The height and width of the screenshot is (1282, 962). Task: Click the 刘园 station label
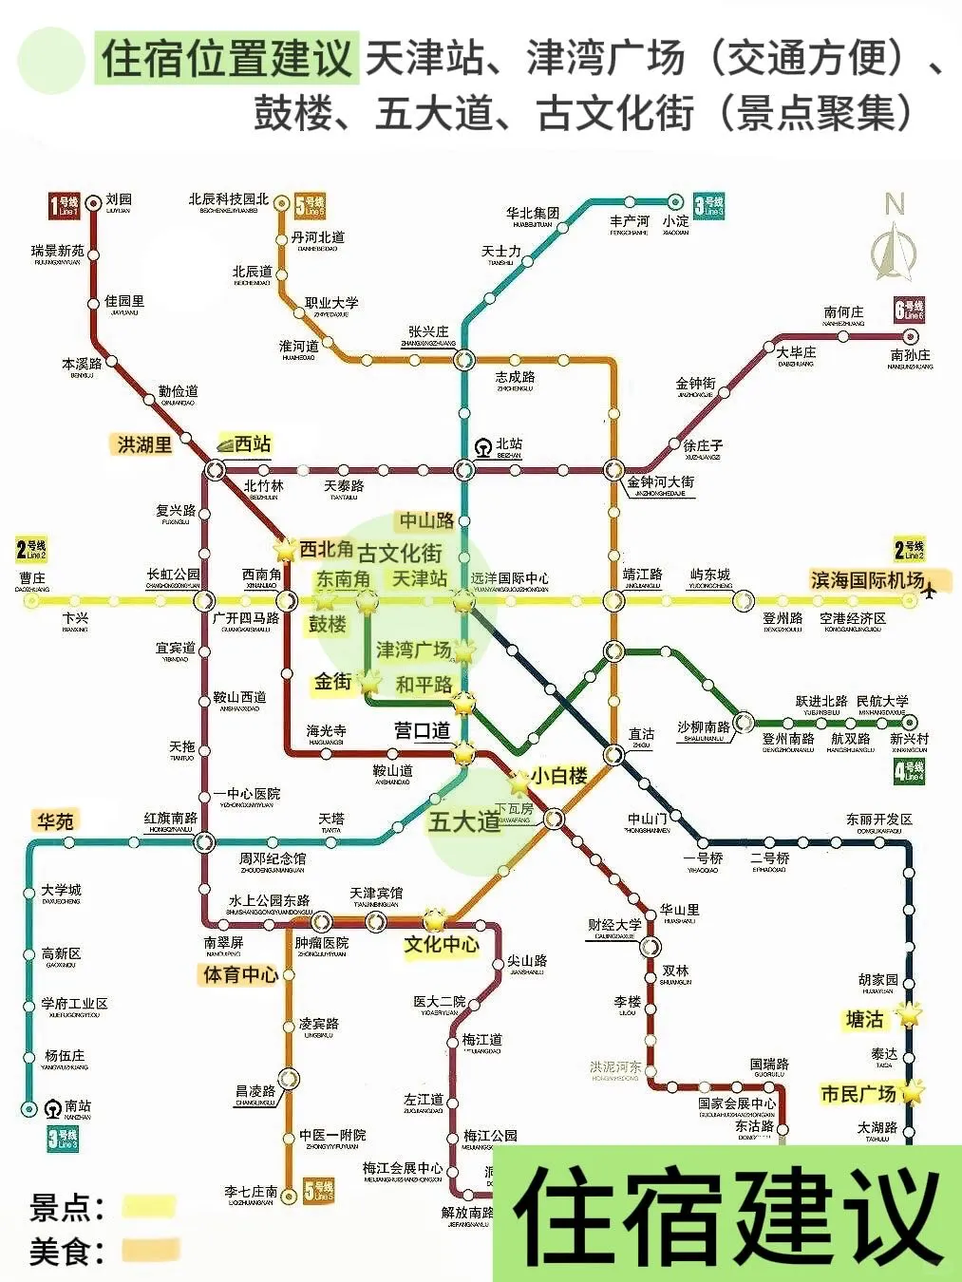coord(119,199)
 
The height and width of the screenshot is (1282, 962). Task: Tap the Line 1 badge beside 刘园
coord(65,206)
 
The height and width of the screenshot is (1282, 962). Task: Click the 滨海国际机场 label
coord(867,579)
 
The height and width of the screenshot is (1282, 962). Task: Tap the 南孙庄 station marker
coord(911,336)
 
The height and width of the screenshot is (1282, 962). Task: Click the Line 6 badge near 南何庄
coord(909,310)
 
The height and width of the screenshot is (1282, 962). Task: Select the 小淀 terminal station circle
coord(675,201)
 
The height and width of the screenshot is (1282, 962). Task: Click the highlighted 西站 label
coord(253,443)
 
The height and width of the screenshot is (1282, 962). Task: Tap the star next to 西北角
coord(285,549)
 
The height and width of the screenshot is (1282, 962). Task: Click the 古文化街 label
coord(400,553)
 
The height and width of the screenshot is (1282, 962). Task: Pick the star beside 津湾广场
coord(463,651)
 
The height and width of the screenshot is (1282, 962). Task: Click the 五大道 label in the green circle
coord(464,821)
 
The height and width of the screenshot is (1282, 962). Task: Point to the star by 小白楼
coord(519,783)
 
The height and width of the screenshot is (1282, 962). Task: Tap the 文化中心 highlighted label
coord(442,944)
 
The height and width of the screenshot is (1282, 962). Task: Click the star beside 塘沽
coord(910,1015)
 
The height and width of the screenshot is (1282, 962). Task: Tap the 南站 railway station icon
coord(54,1107)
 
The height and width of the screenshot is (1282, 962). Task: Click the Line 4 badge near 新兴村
coord(909,771)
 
